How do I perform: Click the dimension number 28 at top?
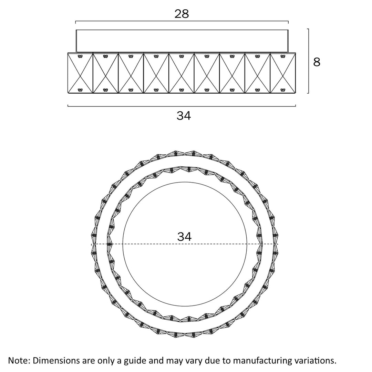182,14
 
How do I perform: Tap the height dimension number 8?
317,62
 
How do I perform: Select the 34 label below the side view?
184,116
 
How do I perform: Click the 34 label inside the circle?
184,237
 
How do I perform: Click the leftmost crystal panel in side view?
80,73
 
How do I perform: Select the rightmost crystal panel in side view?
283,73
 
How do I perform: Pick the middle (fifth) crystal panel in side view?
182,73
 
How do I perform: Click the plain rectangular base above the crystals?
182,41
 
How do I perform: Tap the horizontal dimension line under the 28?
182,21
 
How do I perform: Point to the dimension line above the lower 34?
182,106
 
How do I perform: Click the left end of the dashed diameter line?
92,244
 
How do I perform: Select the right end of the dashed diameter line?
277,244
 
